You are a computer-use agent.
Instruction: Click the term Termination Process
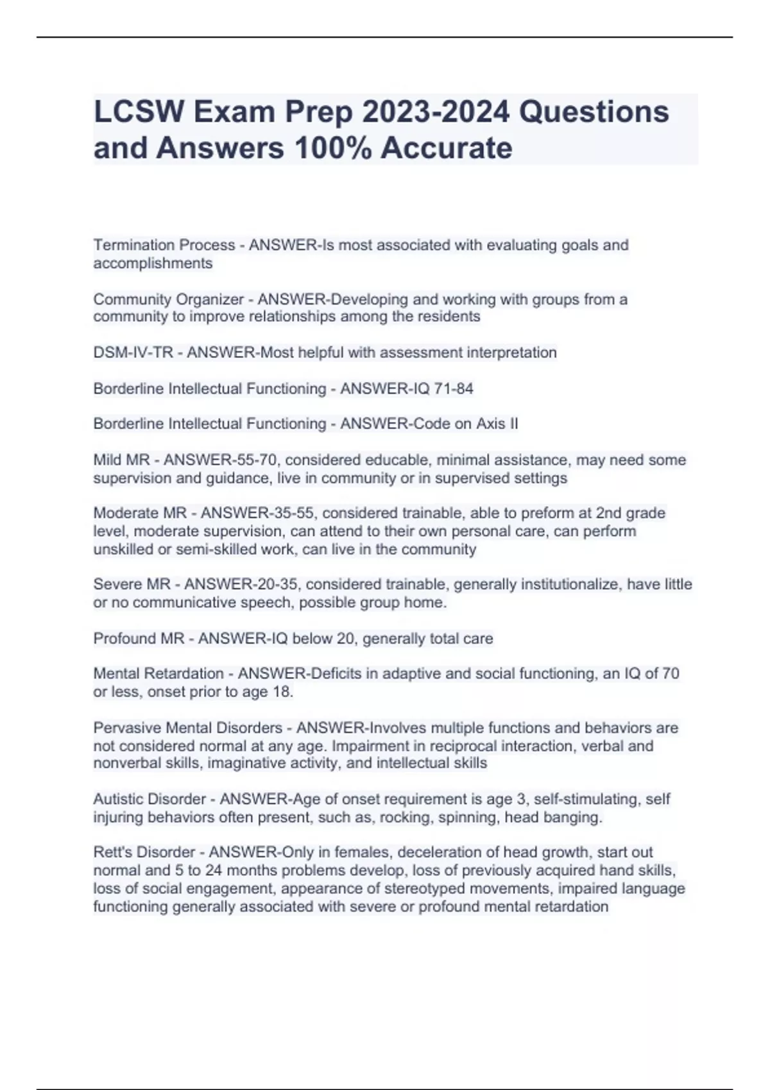164,245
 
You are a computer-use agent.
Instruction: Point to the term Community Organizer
169,299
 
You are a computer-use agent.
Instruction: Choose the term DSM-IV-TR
133,353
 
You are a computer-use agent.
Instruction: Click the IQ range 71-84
452,389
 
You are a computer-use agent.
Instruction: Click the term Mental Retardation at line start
158,673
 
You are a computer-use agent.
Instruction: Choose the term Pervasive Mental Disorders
188,728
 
